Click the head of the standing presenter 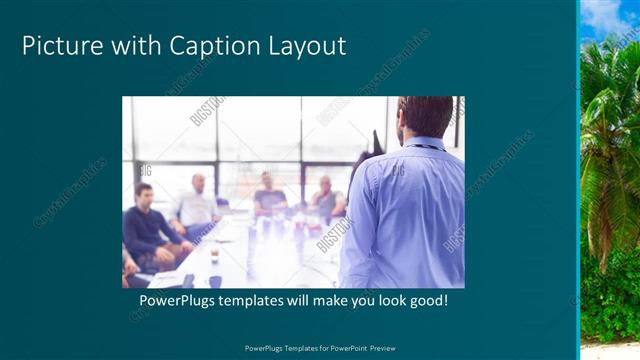[424, 115]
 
